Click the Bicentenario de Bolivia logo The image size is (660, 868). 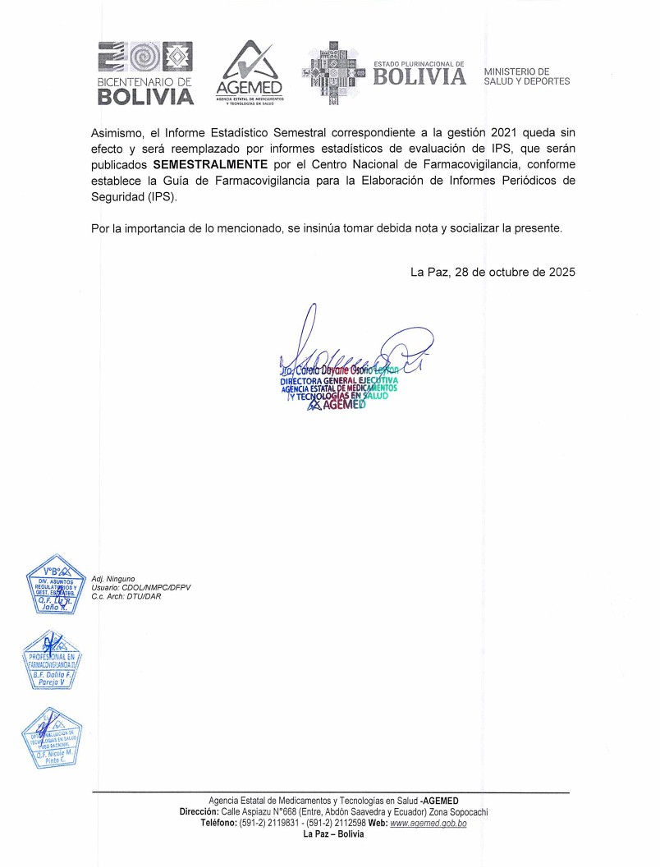[145, 74]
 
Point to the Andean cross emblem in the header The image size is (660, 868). [333, 73]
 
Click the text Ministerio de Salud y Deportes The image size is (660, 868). [527, 76]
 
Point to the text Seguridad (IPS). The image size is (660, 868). [133, 198]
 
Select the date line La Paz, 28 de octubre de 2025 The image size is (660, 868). [493, 272]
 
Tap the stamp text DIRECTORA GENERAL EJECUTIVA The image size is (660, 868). [338, 382]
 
